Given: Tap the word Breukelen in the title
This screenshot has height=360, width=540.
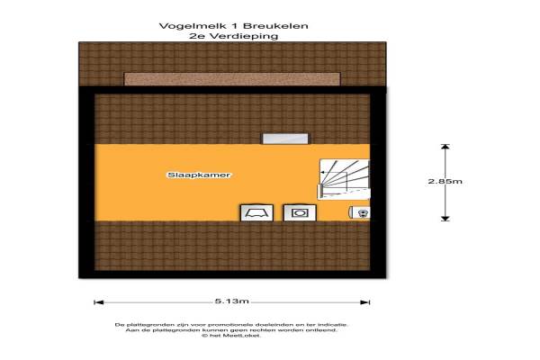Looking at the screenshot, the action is (x=275, y=26).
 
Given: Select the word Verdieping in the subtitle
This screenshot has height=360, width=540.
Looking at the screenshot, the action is (x=244, y=36).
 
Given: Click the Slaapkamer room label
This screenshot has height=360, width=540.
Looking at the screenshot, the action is (x=199, y=175).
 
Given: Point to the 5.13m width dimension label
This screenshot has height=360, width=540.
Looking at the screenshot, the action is (x=232, y=301).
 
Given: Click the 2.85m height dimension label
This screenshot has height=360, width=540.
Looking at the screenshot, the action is (x=445, y=181).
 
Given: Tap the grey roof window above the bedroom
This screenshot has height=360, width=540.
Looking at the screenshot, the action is (x=285, y=139).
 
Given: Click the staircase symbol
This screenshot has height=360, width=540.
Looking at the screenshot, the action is (x=344, y=179).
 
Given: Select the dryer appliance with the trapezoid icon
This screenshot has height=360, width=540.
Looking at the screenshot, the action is (x=256, y=213).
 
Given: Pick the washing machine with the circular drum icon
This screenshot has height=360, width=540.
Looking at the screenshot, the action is (x=300, y=213).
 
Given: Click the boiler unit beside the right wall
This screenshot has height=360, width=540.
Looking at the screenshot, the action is (x=359, y=212).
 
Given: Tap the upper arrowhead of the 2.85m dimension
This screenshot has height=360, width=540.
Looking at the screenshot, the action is (x=445, y=147).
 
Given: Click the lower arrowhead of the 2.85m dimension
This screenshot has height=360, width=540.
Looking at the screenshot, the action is (x=445, y=219).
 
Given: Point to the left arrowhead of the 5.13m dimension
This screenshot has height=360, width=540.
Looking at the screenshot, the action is (x=99, y=302).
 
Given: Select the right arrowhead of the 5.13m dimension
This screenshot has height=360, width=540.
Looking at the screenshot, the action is (x=365, y=302).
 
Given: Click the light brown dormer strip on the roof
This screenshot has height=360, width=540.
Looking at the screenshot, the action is (x=232, y=79).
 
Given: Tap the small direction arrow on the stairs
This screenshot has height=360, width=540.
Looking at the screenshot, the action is (x=324, y=172).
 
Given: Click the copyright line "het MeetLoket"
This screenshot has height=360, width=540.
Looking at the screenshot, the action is (x=231, y=335).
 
